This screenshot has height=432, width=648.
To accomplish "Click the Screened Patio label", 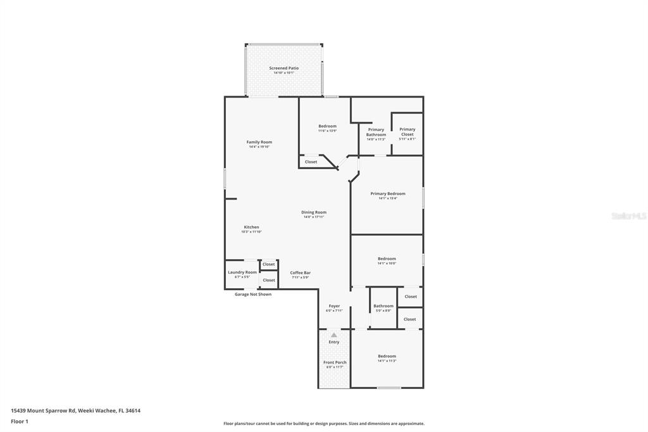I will click(283, 68).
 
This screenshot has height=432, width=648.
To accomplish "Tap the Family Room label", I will click(259, 142).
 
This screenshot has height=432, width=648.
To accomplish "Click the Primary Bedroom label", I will click(387, 194).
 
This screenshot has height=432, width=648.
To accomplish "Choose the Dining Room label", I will click(313, 212).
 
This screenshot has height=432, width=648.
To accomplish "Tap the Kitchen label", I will click(251, 227).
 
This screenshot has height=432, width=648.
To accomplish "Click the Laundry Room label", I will click(242, 272).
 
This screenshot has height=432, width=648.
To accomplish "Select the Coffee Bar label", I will click(300, 272).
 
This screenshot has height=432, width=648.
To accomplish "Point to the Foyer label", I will click(334, 306).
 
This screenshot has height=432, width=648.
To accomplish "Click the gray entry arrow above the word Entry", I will click(334, 334).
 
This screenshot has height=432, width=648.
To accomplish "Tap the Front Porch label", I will click(335, 362).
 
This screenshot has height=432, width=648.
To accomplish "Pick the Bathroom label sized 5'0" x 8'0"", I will click(383, 306).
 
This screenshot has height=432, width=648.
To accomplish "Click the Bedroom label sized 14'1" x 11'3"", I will click(387, 356).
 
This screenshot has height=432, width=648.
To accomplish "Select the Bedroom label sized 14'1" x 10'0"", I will click(387, 258).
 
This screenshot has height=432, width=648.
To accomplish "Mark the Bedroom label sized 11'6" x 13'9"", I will click(327, 126).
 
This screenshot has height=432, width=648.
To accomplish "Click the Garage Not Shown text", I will click(252, 294).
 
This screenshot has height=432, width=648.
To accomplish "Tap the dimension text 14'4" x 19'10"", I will click(259, 147).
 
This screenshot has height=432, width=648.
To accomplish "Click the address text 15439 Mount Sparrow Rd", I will click(44, 410).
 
